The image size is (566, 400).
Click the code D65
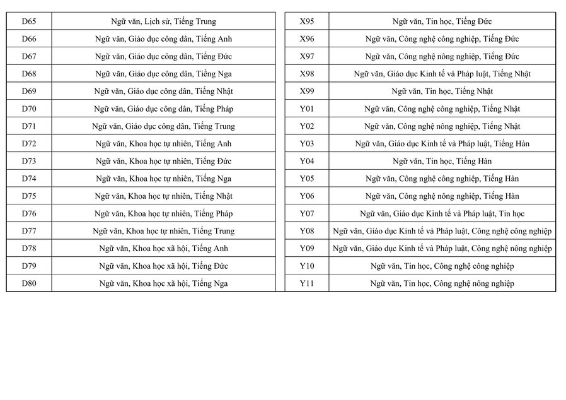click(x=29, y=21)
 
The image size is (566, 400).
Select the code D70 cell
click(x=29, y=109)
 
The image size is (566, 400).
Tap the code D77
click(x=29, y=231)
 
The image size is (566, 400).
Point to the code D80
click(x=29, y=283)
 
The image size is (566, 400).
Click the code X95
click(x=307, y=21)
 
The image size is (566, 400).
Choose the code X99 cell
click(x=307, y=91)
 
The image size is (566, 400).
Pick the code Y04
click(x=307, y=161)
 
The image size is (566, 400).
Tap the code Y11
click(x=307, y=283)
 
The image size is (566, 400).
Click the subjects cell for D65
click(x=163, y=21)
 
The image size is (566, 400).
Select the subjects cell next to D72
click(x=163, y=144)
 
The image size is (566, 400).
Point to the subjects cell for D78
click(x=163, y=249)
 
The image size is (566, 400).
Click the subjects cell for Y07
click(x=442, y=214)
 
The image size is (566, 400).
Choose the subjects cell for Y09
click(x=442, y=249)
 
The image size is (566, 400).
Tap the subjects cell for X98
click(x=442, y=74)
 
